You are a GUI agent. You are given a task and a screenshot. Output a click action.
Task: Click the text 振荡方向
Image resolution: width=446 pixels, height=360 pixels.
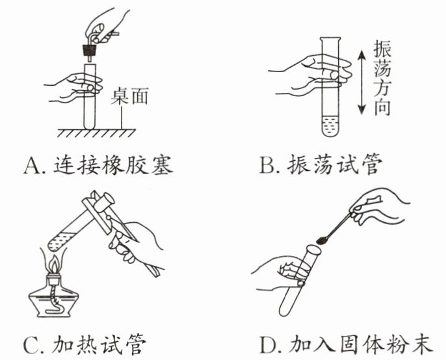384,78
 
